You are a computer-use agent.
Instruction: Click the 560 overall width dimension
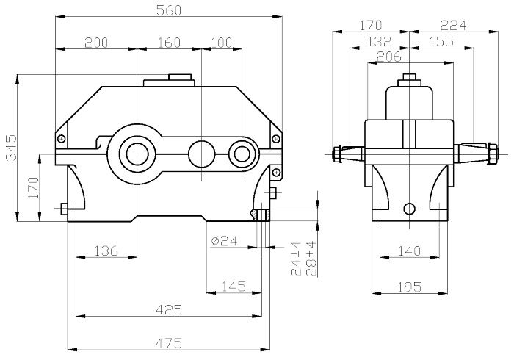(x=170, y=10)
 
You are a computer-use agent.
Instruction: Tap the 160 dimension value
(x=169, y=43)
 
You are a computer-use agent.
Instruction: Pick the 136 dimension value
(x=106, y=251)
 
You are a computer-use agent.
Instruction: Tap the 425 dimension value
(x=168, y=311)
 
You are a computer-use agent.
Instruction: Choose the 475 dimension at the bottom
(x=168, y=343)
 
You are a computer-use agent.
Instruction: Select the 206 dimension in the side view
(x=388, y=57)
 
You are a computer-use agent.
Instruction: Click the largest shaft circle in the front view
(x=136, y=154)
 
